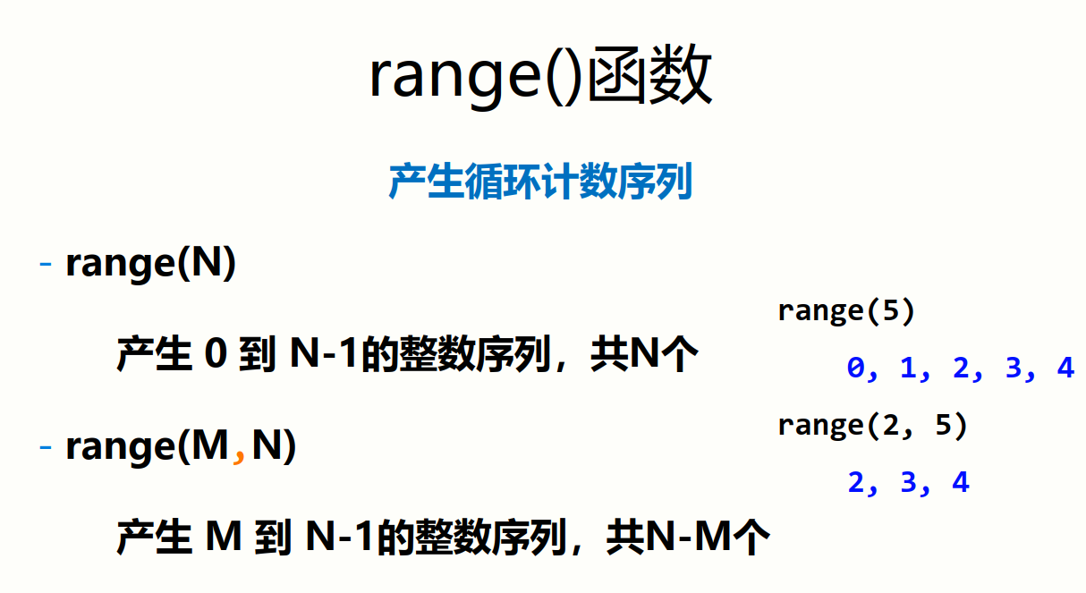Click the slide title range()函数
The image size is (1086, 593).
click(540, 76)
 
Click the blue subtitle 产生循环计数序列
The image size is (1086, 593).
click(540, 182)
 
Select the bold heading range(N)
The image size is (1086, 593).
click(150, 264)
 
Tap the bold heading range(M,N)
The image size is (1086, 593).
click(181, 445)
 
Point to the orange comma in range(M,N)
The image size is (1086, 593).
click(239, 454)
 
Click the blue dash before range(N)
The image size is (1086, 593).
click(47, 265)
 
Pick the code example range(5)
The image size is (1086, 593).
click(846, 311)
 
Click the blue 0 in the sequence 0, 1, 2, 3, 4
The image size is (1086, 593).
click(857, 368)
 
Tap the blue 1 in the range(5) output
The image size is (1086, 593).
click(909, 368)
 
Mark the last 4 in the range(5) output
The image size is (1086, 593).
click(1065, 368)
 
